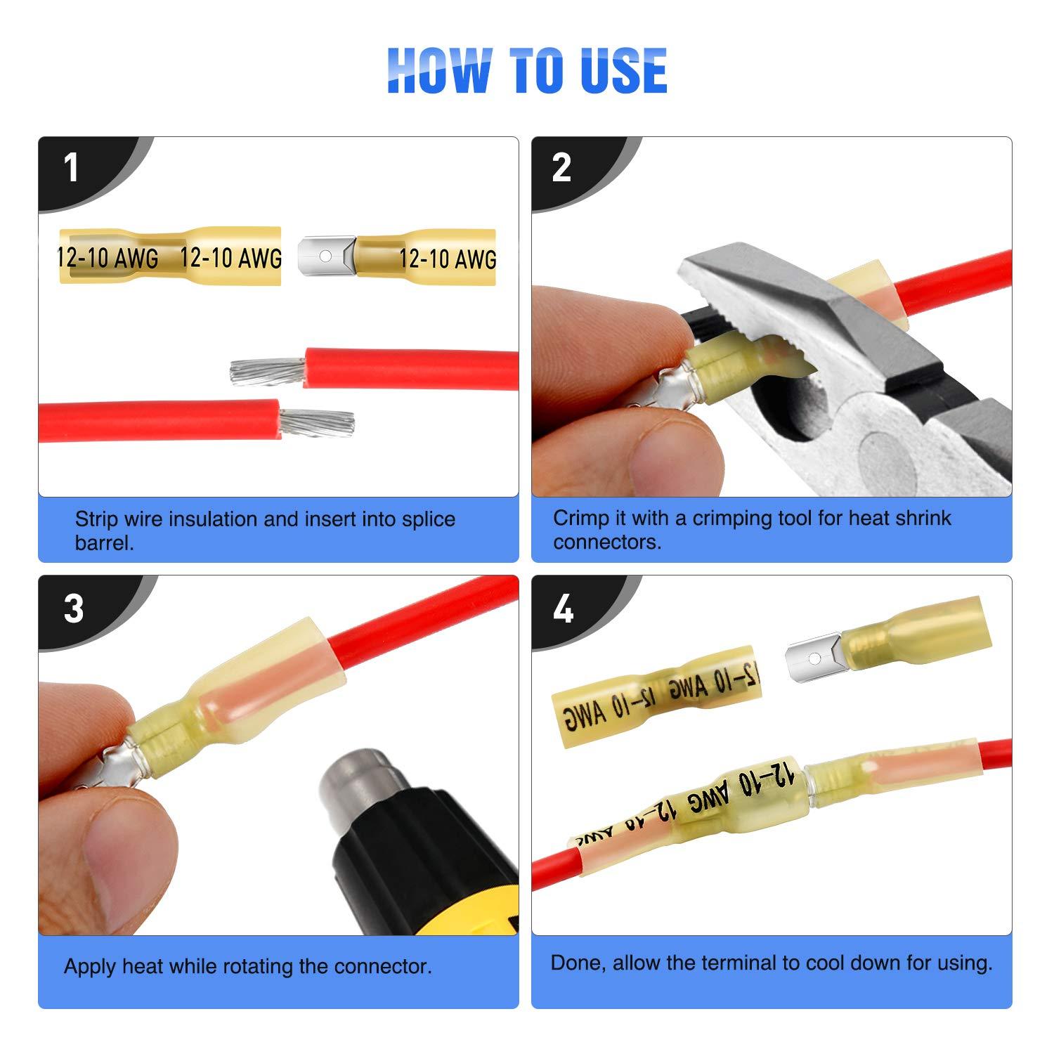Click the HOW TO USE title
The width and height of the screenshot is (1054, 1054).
527,70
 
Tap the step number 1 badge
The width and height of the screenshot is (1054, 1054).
71,169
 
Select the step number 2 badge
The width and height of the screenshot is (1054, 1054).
561,169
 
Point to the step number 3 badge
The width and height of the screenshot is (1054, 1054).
73,609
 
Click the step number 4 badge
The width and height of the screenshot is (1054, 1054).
563,609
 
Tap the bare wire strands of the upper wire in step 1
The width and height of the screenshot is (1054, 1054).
267,370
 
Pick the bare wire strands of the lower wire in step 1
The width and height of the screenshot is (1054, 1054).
318,422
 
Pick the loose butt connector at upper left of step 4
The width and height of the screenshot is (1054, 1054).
653,696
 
